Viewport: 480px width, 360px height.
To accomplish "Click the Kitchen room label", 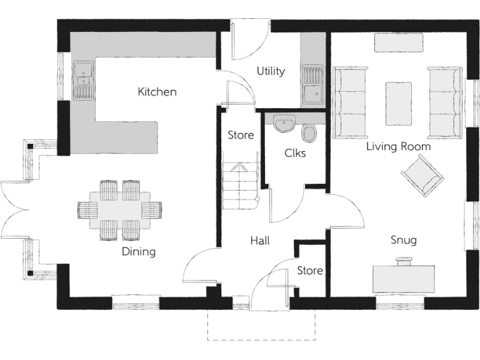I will pos(157,92).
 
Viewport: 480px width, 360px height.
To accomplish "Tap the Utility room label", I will pos(271,71).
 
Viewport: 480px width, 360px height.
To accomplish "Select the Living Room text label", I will pos(398,147).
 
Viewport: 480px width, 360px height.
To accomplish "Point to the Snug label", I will pos(404,240).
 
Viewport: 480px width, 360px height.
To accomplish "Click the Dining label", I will pos(139,252).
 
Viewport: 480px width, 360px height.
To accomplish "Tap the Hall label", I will pos(260,240).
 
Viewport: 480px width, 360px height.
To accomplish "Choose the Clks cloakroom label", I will pos(295,152).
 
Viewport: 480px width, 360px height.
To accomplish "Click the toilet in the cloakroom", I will pos(308,133).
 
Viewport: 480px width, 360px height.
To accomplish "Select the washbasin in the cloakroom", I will pos(285,124).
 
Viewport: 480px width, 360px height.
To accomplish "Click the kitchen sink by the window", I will pos(82,80).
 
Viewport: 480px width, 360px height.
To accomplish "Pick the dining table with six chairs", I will pos(119,209).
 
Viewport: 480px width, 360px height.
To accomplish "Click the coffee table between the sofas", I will pos(398,102).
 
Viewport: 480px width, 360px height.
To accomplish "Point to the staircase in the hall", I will pos(241,186).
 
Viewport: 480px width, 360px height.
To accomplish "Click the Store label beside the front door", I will pos(309,271).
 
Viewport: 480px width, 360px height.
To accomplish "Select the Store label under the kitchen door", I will pos(241,135).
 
